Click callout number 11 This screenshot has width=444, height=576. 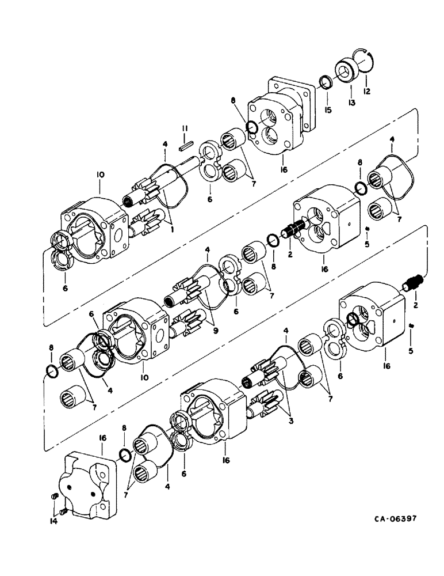pyautogui.click(x=185, y=127)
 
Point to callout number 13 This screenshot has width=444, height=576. pyautogui.click(x=351, y=103)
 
